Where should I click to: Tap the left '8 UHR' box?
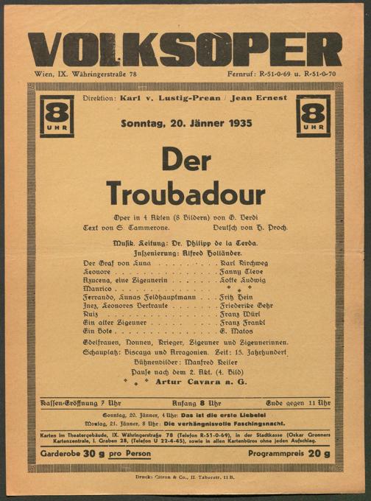(57, 116)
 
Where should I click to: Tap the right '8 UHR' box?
(313, 116)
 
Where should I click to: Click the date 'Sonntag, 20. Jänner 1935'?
(185, 123)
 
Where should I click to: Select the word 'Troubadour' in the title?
(185, 193)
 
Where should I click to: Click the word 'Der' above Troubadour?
(185, 159)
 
